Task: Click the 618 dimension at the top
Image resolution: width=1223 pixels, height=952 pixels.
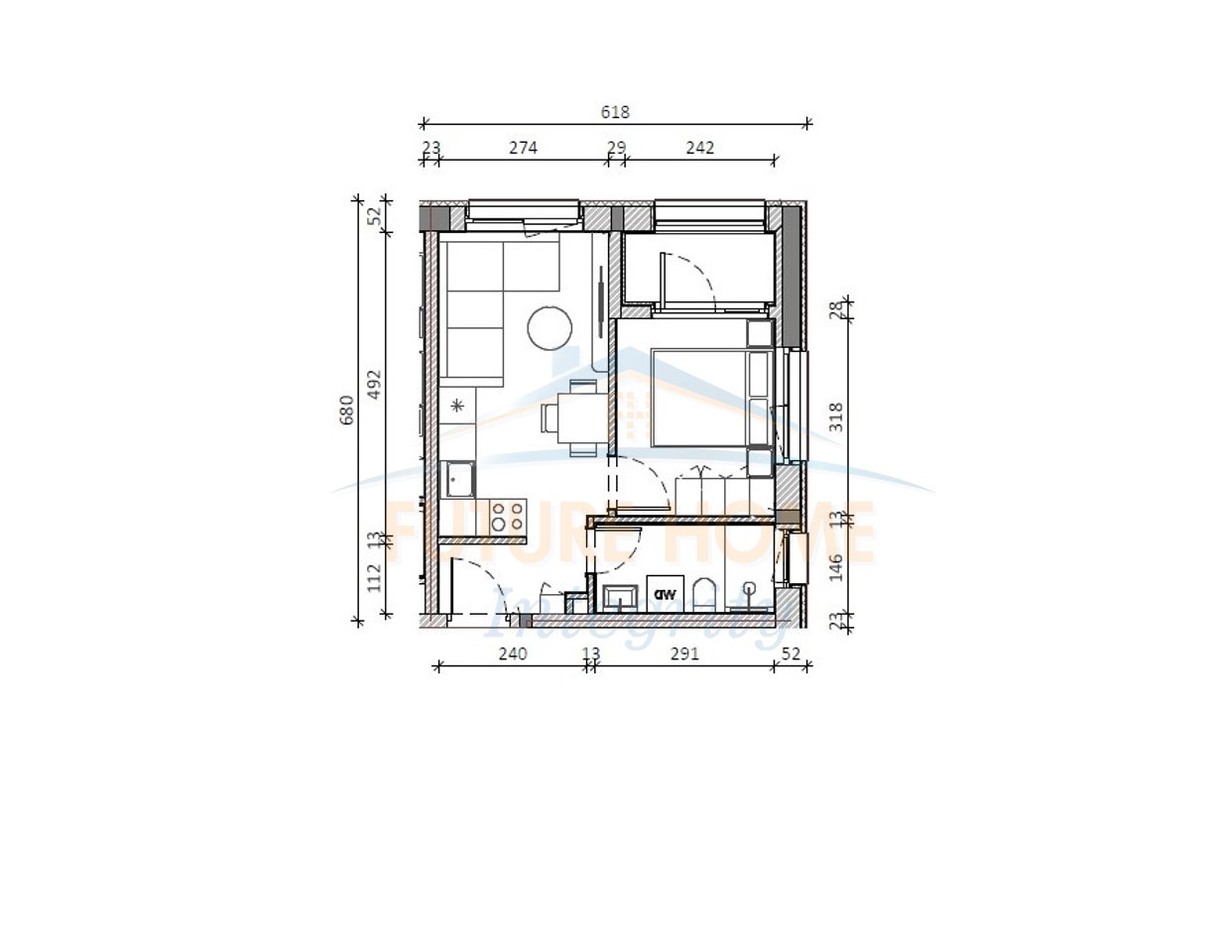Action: click(615, 112)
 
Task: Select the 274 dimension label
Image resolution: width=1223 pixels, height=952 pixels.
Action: click(523, 148)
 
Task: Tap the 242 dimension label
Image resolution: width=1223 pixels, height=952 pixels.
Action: click(699, 148)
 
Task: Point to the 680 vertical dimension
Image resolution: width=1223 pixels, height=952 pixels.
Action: click(346, 410)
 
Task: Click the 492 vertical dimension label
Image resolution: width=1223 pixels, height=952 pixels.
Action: click(374, 384)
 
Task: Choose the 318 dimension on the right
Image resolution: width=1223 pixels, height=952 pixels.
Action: click(836, 416)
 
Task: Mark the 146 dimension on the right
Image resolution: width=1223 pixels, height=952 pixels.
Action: click(836, 566)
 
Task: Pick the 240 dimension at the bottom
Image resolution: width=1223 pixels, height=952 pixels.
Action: click(512, 653)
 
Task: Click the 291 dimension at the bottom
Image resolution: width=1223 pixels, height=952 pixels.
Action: click(684, 653)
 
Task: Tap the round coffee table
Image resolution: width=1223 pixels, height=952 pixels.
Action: click(550, 326)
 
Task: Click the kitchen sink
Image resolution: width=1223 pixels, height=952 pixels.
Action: click(458, 481)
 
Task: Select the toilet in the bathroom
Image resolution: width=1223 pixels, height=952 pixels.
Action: click(704, 596)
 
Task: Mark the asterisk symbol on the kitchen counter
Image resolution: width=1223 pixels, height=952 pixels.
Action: click(457, 405)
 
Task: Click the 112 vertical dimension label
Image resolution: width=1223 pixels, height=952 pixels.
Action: click(374, 577)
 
